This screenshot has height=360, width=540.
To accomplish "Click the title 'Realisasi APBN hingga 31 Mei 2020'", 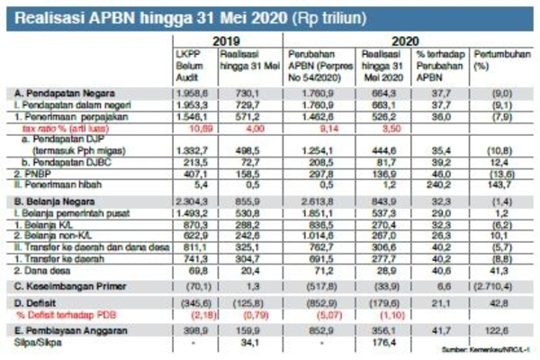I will pyautogui.click(x=152, y=16).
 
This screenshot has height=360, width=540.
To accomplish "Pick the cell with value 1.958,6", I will pyautogui.click(x=191, y=92).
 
